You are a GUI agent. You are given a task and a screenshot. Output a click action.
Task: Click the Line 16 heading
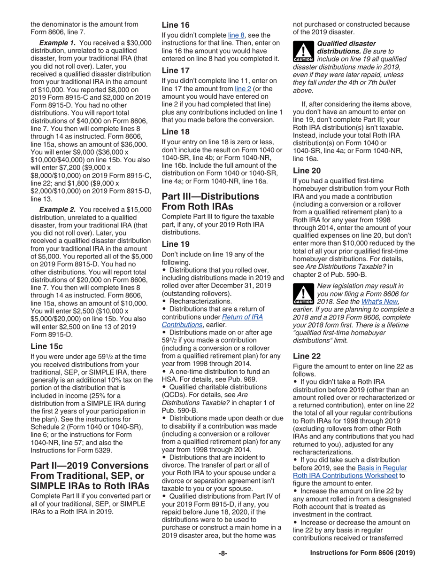point(176,25)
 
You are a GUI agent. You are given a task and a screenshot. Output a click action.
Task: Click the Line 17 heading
point(176,70)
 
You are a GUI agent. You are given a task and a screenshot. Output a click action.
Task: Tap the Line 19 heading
point(176,244)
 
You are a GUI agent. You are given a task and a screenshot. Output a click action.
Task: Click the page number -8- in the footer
point(223,553)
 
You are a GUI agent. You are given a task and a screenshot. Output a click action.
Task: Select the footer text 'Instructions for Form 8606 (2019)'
point(362,553)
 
